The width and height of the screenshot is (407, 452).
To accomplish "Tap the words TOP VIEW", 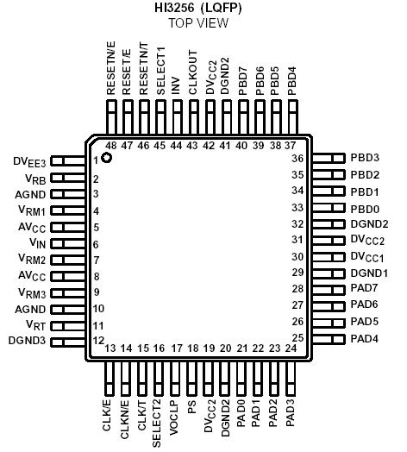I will [198, 23].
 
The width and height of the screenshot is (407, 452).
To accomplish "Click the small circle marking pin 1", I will [107, 157].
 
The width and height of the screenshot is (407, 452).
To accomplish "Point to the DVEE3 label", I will [29, 161].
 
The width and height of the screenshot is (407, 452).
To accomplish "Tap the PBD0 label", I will [365, 208].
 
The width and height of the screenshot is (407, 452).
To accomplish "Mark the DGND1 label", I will [369, 273].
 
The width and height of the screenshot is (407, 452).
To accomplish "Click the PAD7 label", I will [365, 288].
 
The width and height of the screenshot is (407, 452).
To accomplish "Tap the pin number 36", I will [297, 159].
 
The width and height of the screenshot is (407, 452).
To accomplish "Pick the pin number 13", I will [110, 348].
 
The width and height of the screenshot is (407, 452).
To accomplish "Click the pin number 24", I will [291, 348].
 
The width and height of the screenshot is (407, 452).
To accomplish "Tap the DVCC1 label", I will [370, 256].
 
